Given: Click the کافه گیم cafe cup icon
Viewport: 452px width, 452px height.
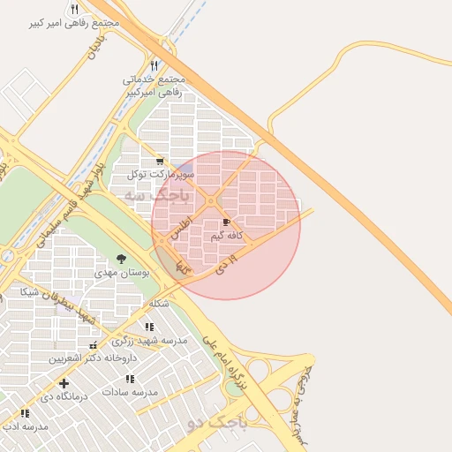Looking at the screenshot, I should coord(227,222).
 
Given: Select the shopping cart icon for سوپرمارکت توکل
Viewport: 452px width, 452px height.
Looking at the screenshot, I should coord(159,161).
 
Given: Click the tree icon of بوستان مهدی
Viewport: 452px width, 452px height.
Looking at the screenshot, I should coord(122,259).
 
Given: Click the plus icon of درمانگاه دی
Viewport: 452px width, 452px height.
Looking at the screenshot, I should coord(63,383).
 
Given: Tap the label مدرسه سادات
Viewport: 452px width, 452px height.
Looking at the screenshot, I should coord(129,390).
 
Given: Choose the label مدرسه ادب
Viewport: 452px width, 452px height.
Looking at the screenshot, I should coord(25,426).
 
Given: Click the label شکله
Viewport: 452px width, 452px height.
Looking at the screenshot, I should coord(159,303).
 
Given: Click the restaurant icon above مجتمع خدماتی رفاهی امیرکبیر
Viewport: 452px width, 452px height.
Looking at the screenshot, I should coord(154,64).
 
